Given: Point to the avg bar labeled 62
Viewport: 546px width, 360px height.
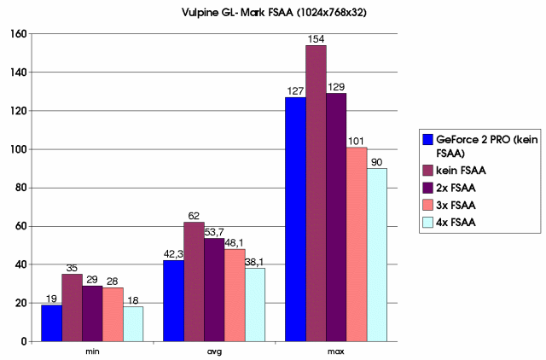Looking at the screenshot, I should coord(193,282).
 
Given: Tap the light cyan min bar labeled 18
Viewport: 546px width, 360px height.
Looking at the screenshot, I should coord(132,323).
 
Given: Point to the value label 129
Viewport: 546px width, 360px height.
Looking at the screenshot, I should coord(336,87).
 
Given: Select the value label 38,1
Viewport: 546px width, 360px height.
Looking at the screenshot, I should coord(255,262).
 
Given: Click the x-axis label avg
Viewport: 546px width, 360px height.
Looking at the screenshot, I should coord(213,351).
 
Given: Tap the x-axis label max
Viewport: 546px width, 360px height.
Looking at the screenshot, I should coord(336,351).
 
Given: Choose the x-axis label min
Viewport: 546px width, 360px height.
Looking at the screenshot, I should coord(91,351).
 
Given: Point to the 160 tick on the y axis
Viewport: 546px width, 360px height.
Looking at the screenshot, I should coord(20,34).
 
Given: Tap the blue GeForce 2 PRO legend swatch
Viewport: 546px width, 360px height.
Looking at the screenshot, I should coord(429,139).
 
